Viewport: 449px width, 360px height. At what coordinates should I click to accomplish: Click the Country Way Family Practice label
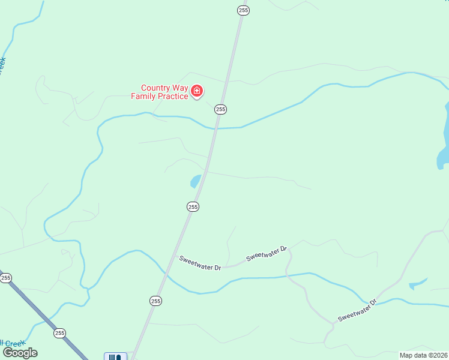coord(160,92)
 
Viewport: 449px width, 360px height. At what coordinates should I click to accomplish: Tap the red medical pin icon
coord(197,91)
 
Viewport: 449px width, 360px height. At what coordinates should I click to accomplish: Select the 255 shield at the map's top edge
coord(243,10)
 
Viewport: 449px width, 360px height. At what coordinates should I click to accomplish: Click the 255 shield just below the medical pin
coord(221,109)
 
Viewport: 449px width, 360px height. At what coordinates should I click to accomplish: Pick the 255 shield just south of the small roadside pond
coord(192,206)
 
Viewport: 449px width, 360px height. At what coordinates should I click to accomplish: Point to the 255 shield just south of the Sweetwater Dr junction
coord(155,301)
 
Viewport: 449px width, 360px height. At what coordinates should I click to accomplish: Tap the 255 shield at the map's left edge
coord(5,278)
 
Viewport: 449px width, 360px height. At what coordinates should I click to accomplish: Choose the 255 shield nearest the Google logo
coord(59,333)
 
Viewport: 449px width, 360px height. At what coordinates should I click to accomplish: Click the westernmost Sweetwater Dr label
coord(200,263)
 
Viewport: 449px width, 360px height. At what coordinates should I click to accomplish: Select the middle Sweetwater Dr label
coord(267,255)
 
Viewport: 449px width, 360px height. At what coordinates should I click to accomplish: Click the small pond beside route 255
coord(196,181)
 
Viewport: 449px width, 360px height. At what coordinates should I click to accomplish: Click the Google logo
coord(20,353)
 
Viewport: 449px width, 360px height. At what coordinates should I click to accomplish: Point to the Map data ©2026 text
coord(423,355)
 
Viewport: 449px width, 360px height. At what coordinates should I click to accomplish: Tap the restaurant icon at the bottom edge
coord(115,357)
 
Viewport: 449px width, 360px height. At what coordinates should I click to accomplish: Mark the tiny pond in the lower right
coord(417,284)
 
